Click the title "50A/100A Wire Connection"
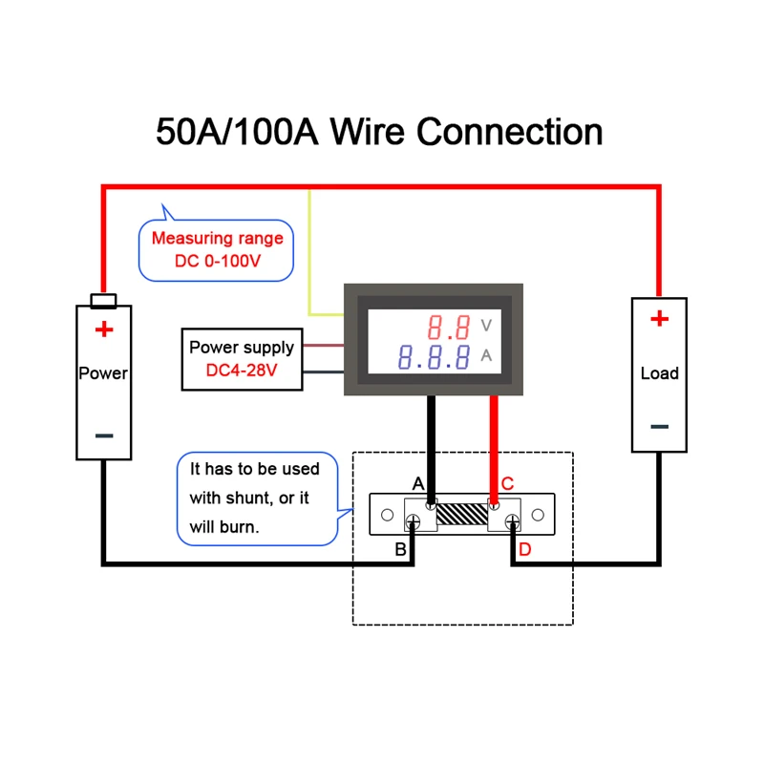pos(379,132)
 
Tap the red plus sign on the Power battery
pos(103,330)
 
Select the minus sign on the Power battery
pos(104,435)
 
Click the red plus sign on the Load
pos(659,319)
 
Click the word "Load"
pos(659,373)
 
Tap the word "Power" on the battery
pos(103,373)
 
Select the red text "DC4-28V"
pos(242,371)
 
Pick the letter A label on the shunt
pos(417,483)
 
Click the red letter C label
pos(507,483)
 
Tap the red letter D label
pos(524,550)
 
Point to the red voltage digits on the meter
pos(449,329)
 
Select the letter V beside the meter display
pos(486,327)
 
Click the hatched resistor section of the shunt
pos(462,517)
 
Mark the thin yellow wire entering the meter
pos(309,258)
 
